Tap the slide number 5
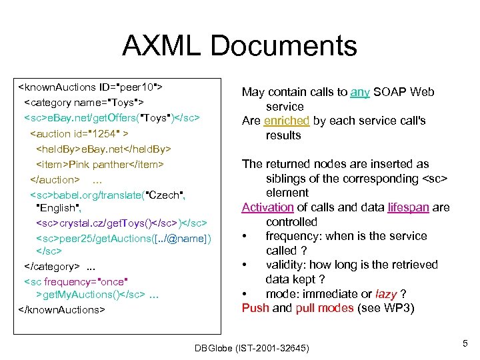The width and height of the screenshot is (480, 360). [x=464, y=343]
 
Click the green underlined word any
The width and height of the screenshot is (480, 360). [x=360, y=92]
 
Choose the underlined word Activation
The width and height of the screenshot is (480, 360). [x=267, y=207]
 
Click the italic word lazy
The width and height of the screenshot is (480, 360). [x=387, y=294]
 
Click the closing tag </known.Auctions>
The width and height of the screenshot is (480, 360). [x=62, y=309]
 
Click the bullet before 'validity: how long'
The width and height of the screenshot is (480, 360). [x=246, y=265]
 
